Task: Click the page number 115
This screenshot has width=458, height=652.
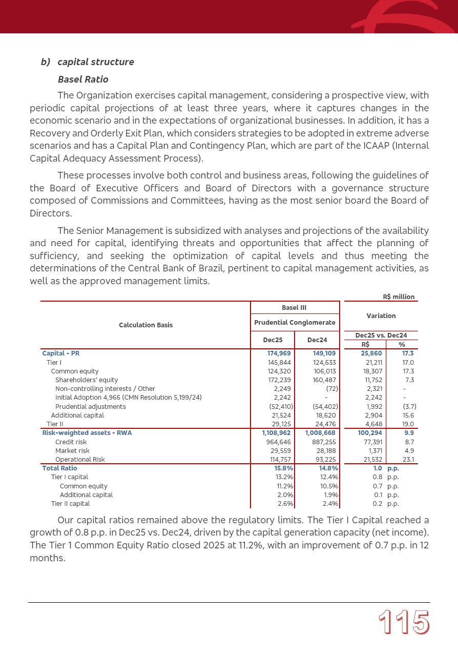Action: [404, 623]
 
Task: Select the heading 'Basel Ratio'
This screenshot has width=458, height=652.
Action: [83, 80]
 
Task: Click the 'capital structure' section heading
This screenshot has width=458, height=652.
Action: [96, 62]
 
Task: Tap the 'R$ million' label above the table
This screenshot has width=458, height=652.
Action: [399, 297]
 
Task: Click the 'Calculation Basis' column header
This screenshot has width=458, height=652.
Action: [145, 325]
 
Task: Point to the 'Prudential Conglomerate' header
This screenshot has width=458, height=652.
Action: [295, 322]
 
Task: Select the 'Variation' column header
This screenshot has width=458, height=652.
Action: [381, 316]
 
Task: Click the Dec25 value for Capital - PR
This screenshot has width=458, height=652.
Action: [280, 353]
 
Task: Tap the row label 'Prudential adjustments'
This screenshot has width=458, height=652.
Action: [90, 407]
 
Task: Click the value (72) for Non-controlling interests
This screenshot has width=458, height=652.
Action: [331, 389]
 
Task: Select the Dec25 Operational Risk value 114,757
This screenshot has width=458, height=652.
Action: [279, 460]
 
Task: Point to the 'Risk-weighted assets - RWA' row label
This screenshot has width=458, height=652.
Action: [87, 433]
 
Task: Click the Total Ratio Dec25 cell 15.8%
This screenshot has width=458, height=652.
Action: [284, 468]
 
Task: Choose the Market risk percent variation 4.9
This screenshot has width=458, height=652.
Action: [409, 451]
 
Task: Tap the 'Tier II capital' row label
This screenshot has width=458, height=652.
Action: [70, 504]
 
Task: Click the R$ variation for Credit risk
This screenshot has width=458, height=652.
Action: [371, 442]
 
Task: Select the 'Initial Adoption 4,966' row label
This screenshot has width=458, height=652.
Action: [128, 398]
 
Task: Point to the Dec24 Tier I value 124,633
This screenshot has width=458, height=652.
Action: [324, 363]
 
